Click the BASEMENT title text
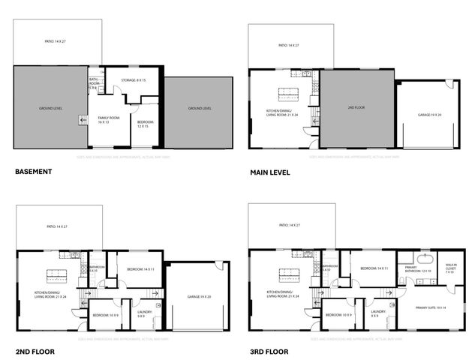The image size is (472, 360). (x=33, y=172)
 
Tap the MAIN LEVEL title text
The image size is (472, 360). (x=269, y=172)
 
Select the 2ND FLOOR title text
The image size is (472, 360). (x=35, y=350)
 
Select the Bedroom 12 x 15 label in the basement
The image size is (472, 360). (x=146, y=124)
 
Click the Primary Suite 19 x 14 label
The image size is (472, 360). (x=430, y=307)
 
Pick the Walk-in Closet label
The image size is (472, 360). (x=451, y=268)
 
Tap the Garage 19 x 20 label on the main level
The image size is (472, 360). (x=429, y=115)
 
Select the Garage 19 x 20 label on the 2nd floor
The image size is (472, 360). (x=195, y=297)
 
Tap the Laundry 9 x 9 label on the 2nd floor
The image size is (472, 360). (x=140, y=314)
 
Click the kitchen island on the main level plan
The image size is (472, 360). (x=289, y=94)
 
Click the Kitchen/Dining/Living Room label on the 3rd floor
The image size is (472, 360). (x=284, y=294)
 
